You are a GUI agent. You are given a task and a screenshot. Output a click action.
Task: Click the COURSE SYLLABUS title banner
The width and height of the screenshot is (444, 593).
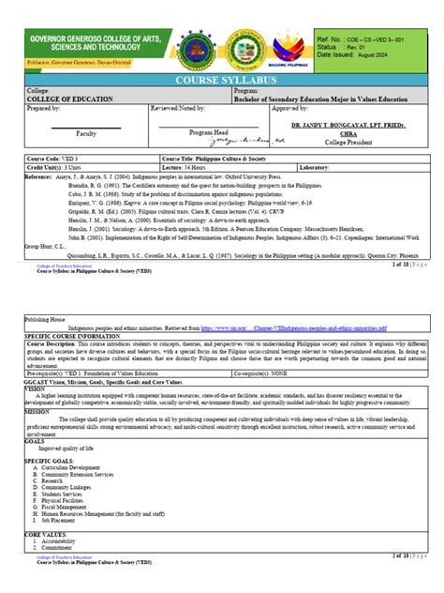222,81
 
